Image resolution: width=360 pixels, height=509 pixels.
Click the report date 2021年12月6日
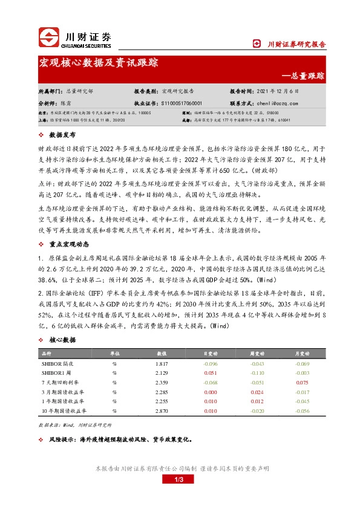(278, 91)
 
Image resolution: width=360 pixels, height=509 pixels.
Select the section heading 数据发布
(62, 135)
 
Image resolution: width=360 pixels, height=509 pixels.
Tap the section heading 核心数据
(62, 340)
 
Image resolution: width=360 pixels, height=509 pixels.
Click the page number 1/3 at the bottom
(180, 479)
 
